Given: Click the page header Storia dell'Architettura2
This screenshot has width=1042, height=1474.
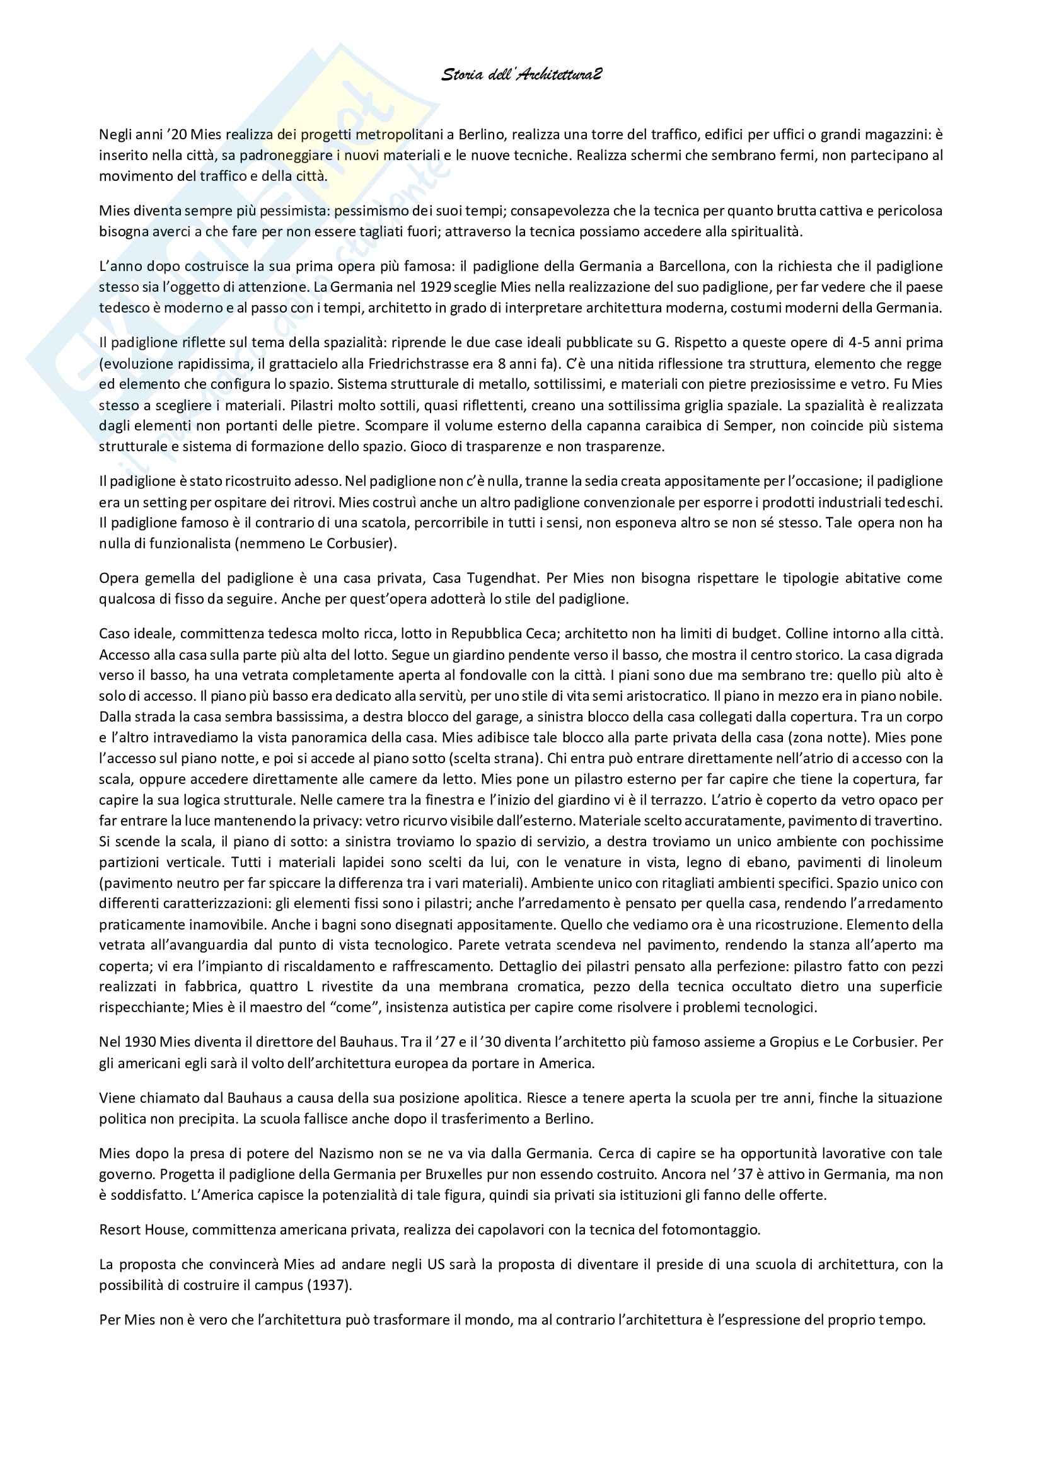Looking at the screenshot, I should coord(521,75).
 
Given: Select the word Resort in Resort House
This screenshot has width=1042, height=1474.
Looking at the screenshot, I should coord(119,1230).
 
